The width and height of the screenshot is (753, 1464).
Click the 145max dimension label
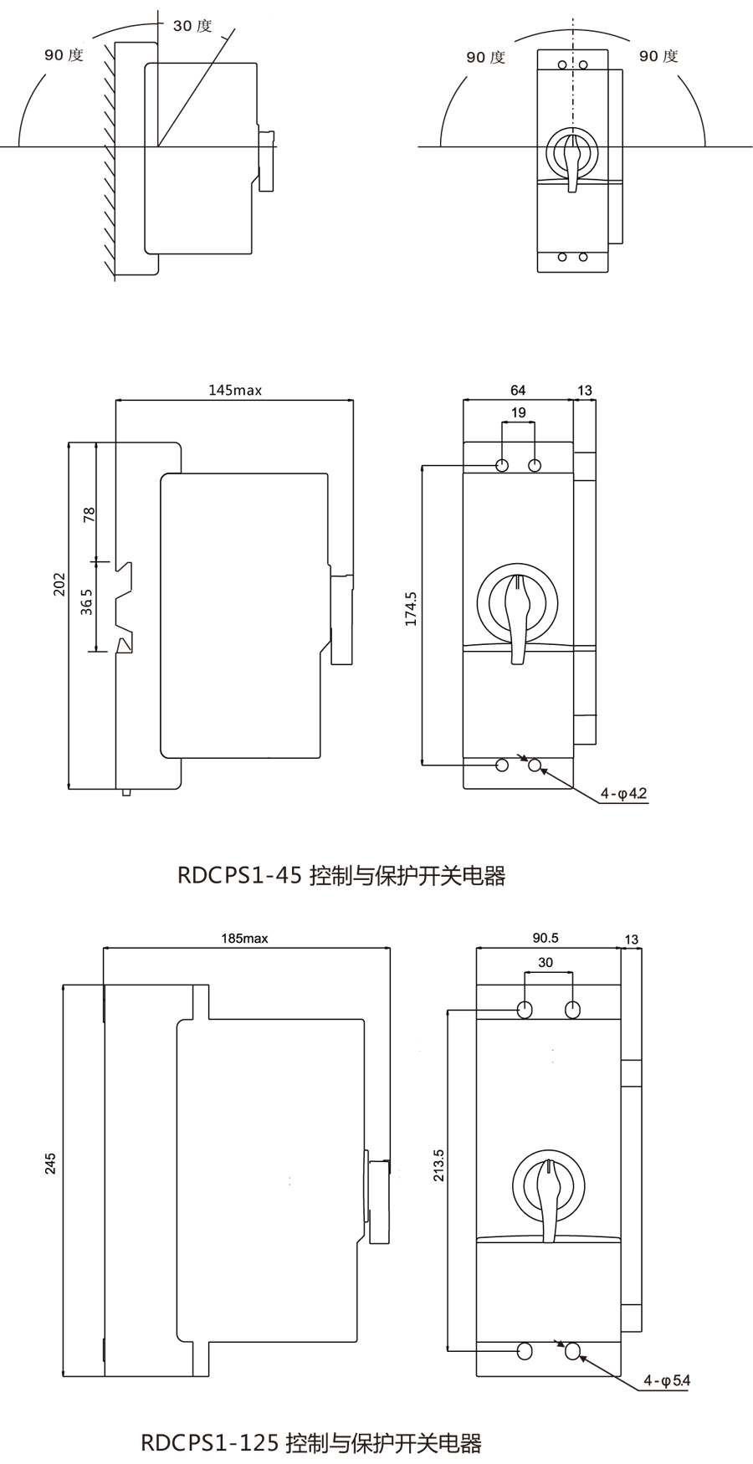(235, 390)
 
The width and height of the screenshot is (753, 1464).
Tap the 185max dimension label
(244, 938)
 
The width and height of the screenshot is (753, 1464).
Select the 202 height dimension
(59, 584)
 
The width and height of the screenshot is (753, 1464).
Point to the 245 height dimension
(50, 1164)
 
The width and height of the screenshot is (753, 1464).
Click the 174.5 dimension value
(410, 608)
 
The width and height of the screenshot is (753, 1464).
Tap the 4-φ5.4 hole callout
(667, 1380)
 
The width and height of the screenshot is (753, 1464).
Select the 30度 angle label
(192, 25)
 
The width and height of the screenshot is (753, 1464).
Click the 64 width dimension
(518, 390)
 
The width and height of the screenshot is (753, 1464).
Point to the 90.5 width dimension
(546, 938)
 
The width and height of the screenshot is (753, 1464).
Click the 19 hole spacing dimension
(518, 412)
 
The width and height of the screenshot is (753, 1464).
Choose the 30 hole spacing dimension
(546, 962)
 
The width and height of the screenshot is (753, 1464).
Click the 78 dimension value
(89, 514)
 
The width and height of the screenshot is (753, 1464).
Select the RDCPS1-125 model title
(311, 1443)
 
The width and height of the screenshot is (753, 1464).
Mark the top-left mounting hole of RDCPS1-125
(525, 1009)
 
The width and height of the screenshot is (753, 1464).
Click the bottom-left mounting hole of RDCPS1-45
(503, 765)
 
